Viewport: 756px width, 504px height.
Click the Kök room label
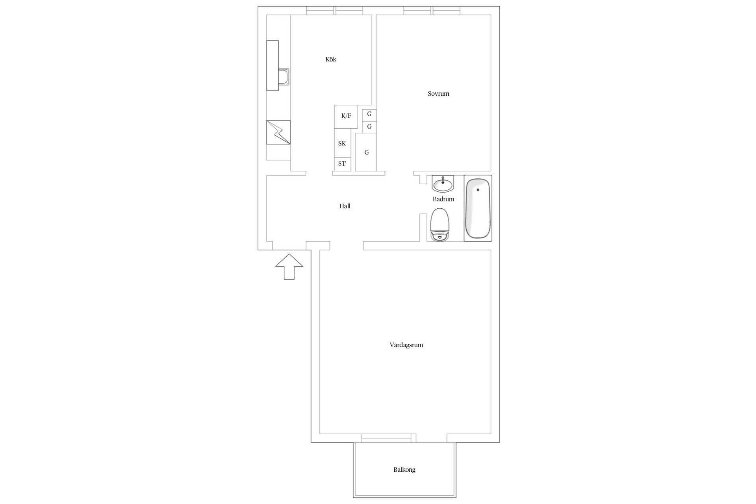point(331,59)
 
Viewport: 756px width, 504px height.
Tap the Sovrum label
point(438,94)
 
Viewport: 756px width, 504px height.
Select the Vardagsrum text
point(406,345)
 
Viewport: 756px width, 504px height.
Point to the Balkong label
point(404,470)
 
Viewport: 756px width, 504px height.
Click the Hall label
point(345,206)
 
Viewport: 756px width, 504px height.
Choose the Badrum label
point(443,199)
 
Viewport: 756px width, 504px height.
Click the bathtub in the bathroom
point(478,209)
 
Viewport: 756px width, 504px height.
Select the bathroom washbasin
point(443,183)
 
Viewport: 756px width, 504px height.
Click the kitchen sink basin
point(283,77)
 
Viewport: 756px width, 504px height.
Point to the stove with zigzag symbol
point(278,132)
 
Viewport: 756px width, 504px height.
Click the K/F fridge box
point(346,116)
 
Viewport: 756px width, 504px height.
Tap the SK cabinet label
point(342,143)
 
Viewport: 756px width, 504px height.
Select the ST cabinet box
point(342,164)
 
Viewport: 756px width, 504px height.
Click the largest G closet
point(366,152)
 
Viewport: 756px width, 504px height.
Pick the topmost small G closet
point(369,115)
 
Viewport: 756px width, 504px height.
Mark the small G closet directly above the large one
point(369,127)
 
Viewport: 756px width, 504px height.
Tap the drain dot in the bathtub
point(478,190)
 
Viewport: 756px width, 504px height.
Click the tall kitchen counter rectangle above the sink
point(272,55)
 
